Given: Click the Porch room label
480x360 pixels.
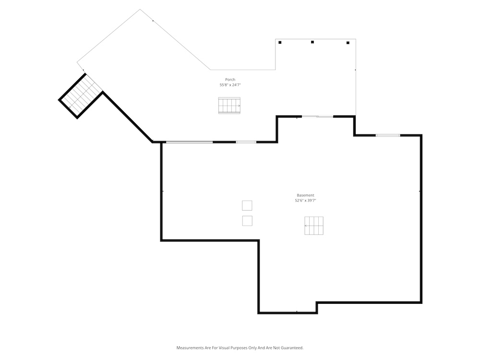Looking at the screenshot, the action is pyautogui.click(x=230, y=80).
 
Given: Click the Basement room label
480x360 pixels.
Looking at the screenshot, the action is pyautogui.click(x=305, y=195).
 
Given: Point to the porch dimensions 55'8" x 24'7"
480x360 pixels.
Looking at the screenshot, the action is pyautogui.click(x=230, y=85).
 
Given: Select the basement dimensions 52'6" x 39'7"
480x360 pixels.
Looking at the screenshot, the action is pyautogui.click(x=305, y=201).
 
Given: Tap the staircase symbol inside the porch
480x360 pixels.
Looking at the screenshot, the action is pyautogui.click(x=229, y=106).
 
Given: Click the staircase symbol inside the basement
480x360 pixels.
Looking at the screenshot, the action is pyautogui.click(x=314, y=226).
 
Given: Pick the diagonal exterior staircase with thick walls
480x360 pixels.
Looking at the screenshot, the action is pyautogui.click(x=81, y=96).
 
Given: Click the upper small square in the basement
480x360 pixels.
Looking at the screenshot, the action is pyautogui.click(x=247, y=206).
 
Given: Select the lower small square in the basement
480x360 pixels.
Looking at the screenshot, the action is pyautogui.click(x=247, y=221).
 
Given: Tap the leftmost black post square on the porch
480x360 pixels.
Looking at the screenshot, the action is pyautogui.click(x=280, y=43).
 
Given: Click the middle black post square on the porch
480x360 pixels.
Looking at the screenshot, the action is pyautogui.click(x=312, y=42).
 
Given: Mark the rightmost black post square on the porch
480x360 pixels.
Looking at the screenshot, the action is pyautogui.click(x=348, y=43).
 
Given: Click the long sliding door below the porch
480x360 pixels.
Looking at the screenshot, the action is pyautogui.click(x=189, y=142).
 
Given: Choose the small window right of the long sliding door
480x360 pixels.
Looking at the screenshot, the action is pyautogui.click(x=246, y=142).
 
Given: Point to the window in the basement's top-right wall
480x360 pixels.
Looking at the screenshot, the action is pyautogui.click(x=388, y=135).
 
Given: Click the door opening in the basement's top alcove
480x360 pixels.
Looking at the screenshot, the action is pyautogui.click(x=317, y=116).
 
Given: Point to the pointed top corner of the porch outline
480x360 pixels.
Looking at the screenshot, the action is pyautogui.click(x=140, y=9).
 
